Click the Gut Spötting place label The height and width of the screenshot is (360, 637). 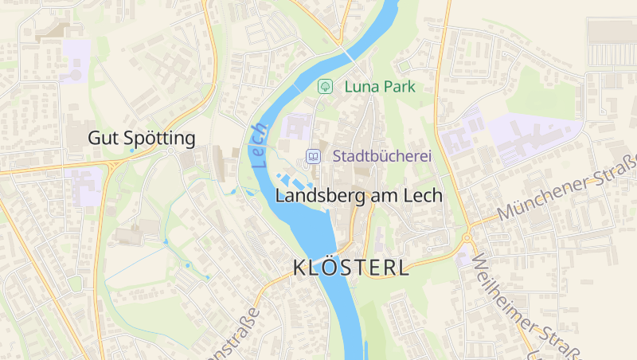click(141, 139)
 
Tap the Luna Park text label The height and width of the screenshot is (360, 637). click(379, 86)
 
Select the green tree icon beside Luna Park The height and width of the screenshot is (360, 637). click(324, 86)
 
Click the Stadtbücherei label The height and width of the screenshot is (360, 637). click(382, 156)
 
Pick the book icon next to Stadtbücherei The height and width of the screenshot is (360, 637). click(315, 156)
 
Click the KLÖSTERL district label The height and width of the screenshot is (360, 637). click(351, 268)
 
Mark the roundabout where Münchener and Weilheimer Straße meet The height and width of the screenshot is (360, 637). click(467, 237)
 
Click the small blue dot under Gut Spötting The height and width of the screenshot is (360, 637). click(131, 151)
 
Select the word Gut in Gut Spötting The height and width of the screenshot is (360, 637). click(100, 139)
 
